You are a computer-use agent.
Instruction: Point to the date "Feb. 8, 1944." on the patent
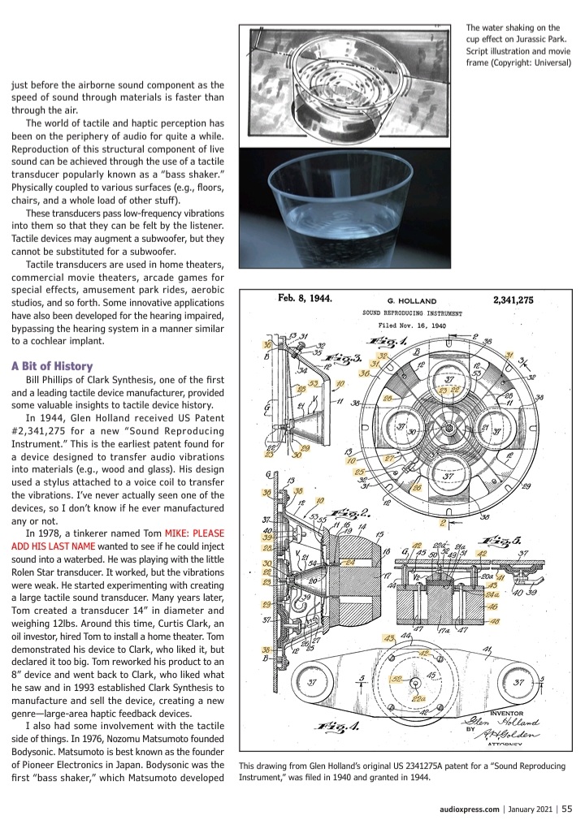301,298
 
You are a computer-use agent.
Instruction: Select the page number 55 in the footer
566,808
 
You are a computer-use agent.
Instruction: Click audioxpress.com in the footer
464,808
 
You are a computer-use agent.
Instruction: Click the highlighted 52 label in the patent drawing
397,676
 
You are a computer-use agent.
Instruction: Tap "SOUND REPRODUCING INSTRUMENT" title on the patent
414,313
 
